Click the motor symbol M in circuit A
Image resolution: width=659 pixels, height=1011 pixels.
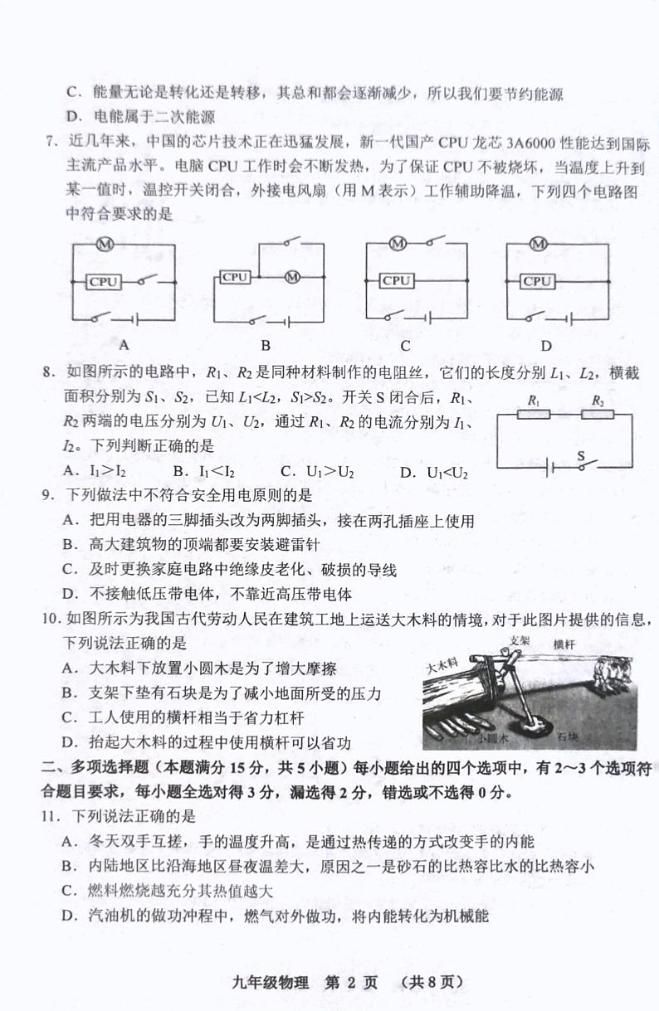(105, 244)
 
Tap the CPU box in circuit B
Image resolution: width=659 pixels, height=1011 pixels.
(236, 277)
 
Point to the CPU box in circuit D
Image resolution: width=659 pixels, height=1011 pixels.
(538, 281)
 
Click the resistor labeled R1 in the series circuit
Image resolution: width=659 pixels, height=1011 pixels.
(534, 415)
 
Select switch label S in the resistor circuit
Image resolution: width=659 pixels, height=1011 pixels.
(581, 455)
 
